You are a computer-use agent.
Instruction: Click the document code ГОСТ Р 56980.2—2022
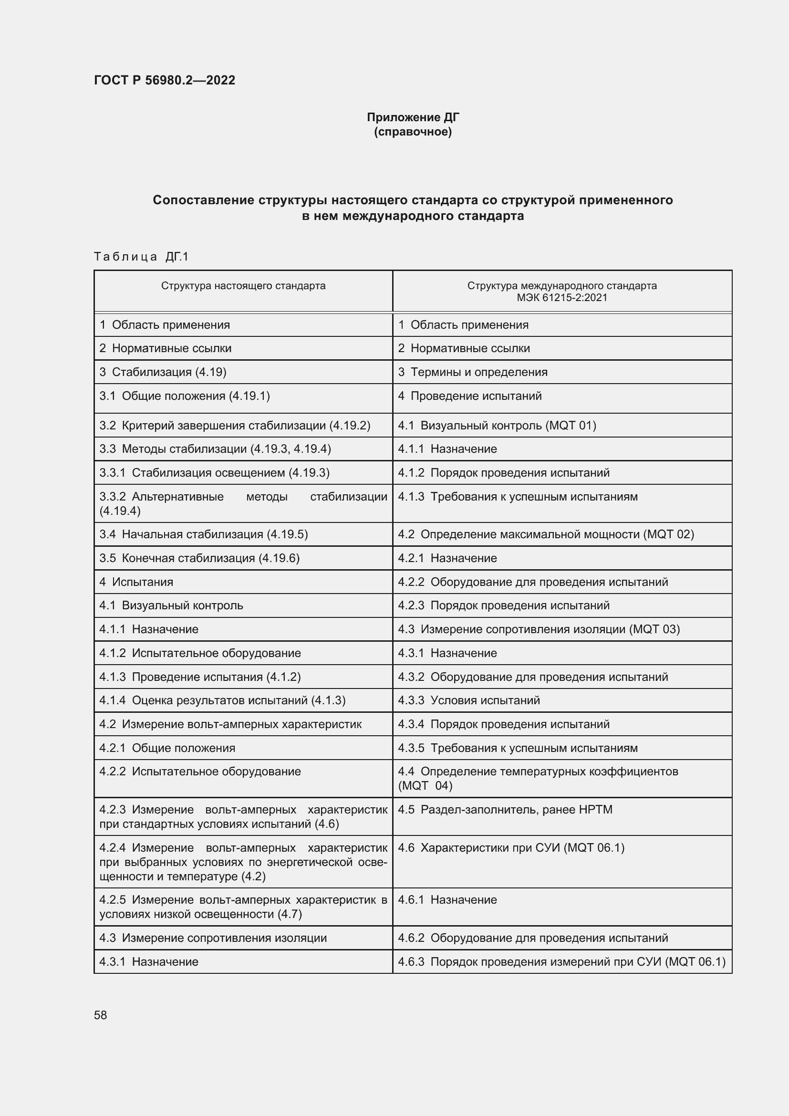click(x=164, y=80)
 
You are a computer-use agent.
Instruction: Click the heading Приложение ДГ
click(x=413, y=117)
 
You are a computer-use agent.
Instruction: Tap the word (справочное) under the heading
click(x=413, y=132)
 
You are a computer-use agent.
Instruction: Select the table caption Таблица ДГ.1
click(x=141, y=257)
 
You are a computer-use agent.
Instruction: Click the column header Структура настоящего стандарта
click(x=243, y=286)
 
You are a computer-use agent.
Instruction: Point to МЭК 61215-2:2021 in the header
click(x=562, y=298)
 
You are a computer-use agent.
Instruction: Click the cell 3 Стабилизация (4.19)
click(x=163, y=372)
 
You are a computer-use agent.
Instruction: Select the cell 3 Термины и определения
click(x=473, y=372)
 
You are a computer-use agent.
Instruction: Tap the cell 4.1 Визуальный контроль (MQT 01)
click(x=497, y=426)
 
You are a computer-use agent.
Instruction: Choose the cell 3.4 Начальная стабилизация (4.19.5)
click(x=204, y=535)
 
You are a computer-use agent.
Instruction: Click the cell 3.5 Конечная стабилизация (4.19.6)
click(x=200, y=559)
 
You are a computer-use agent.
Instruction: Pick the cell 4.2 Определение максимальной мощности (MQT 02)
click(x=546, y=535)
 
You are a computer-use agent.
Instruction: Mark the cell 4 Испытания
click(x=136, y=582)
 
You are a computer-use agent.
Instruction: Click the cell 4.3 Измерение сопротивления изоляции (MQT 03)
click(x=539, y=629)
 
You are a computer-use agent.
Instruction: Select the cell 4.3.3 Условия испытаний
click(x=469, y=700)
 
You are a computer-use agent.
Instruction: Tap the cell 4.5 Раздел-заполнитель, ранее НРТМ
click(x=505, y=810)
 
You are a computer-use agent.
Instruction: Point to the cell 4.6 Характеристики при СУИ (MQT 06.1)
click(x=511, y=848)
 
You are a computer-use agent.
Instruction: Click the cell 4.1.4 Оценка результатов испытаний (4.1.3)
click(x=222, y=700)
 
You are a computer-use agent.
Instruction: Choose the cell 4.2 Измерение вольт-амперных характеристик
click(x=231, y=724)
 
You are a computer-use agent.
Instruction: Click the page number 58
click(x=101, y=1015)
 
